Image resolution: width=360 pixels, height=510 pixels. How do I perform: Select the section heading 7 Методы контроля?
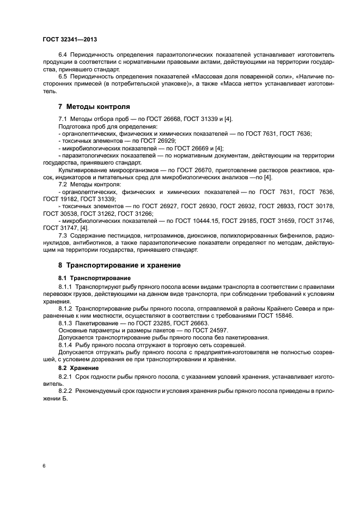pyautogui.click(x=94, y=106)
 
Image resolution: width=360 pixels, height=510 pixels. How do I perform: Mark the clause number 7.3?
pyautogui.click(x=63, y=235)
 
